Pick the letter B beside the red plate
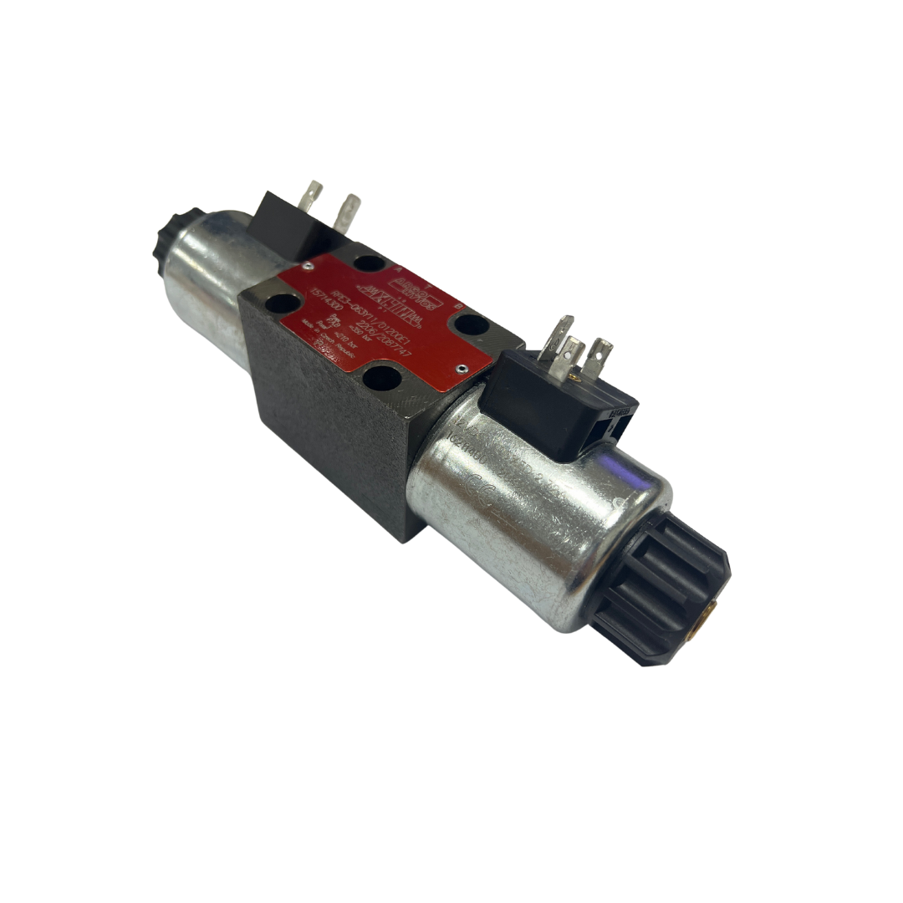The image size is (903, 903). [457, 307]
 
